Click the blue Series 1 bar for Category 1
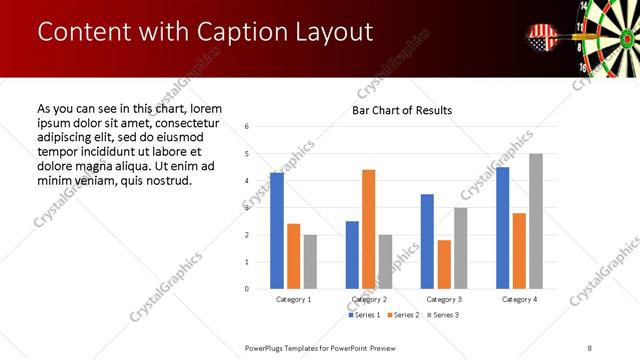coord(277,231)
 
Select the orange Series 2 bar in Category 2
coord(368,229)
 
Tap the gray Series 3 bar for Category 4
coord(535,221)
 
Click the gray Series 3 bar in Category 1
coord(310,262)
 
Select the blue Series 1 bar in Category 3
coord(427,241)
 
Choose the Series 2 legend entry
coord(402,315)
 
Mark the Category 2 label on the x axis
coord(368,299)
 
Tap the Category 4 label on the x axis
coord(519,299)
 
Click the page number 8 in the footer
coord(589,347)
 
